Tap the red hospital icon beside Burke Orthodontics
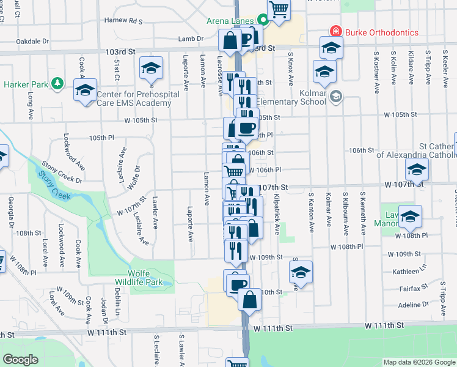tap(335, 31)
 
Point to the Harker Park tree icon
tap(57, 83)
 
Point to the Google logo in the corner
tap(20, 360)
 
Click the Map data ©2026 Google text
tap(419, 362)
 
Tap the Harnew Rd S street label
tap(123, 21)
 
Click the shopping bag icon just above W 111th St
tap(249, 300)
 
